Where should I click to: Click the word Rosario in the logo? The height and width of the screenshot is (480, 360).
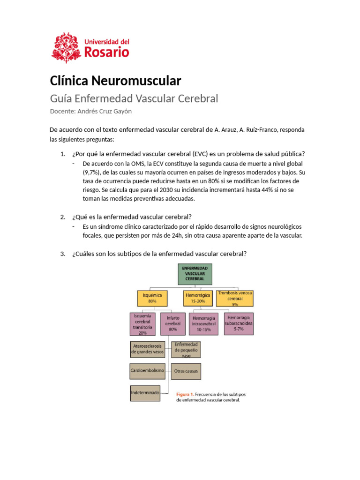[x=106, y=52]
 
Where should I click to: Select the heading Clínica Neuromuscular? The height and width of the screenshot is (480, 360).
[x=115, y=81]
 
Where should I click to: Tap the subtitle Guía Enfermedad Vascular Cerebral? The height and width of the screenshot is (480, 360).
[x=134, y=99]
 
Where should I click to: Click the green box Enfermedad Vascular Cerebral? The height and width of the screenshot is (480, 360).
[x=195, y=274]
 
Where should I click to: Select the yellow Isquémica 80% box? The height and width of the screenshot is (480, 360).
[x=152, y=298]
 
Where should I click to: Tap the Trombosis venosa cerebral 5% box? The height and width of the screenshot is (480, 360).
[x=235, y=298]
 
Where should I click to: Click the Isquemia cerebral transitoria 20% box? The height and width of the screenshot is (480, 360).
[x=142, y=324]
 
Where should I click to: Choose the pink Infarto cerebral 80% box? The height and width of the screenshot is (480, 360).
[x=173, y=323]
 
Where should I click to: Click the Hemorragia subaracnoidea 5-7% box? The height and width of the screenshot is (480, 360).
[x=239, y=323]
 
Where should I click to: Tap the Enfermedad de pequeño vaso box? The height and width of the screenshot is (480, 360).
[x=186, y=349]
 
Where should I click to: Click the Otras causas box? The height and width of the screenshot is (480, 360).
[x=186, y=371]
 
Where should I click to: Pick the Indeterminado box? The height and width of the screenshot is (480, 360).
[x=145, y=392]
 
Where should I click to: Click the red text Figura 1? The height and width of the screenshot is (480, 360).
[x=185, y=394]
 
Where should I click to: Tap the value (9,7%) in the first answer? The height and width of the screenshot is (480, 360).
[x=92, y=172]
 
